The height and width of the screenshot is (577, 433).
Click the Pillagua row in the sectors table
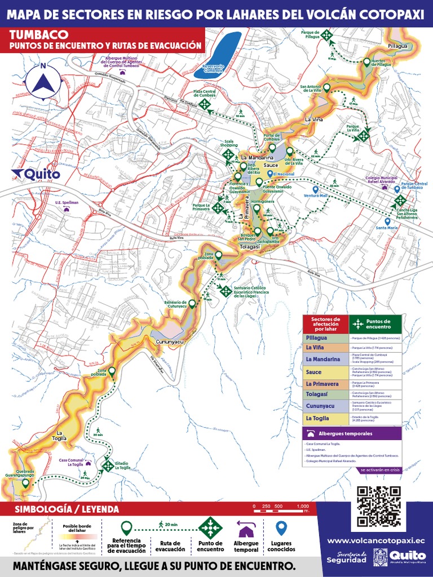[352, 338]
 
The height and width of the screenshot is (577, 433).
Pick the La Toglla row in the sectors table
[352, 419]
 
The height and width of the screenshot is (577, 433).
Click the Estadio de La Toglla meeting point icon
[107, 465]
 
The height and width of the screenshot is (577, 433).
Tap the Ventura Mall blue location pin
[316, 190]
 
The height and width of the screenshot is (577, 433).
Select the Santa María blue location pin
[387, 221]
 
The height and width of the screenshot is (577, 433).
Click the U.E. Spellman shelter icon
[67, 209]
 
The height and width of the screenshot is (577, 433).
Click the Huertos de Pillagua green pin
[367, 63]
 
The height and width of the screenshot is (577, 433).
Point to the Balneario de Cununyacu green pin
[192, 304]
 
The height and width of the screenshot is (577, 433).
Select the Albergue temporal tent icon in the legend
[246, 529]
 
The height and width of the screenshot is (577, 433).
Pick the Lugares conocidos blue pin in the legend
[281, 528]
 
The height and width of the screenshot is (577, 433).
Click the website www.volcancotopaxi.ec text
[375, 540]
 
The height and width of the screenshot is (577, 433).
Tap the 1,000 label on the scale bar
[303, 506]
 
